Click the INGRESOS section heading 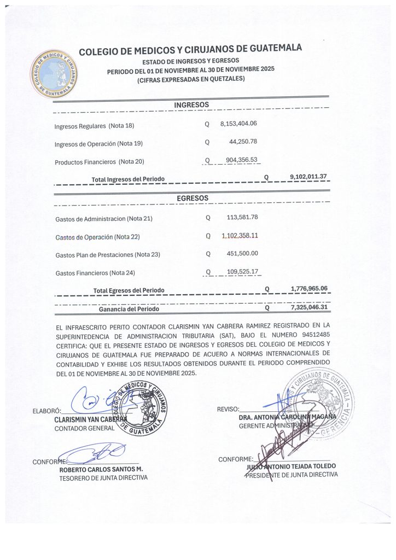[x=191, y=104]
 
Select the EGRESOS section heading [x=192, y=197]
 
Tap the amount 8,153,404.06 [x=238, y=124]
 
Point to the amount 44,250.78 [x=243, y=142]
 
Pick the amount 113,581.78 [x=242, y=217]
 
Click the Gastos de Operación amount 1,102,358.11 [x=240, y=235]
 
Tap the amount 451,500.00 [x=242, y=253]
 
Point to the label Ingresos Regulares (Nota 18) [x=94, y=126]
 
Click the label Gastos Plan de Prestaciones [x=102, y=255]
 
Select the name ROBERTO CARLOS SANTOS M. [x=101, y=469]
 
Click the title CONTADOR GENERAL [x=84, y=428]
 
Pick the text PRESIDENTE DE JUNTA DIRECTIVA [x=291, y=475]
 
